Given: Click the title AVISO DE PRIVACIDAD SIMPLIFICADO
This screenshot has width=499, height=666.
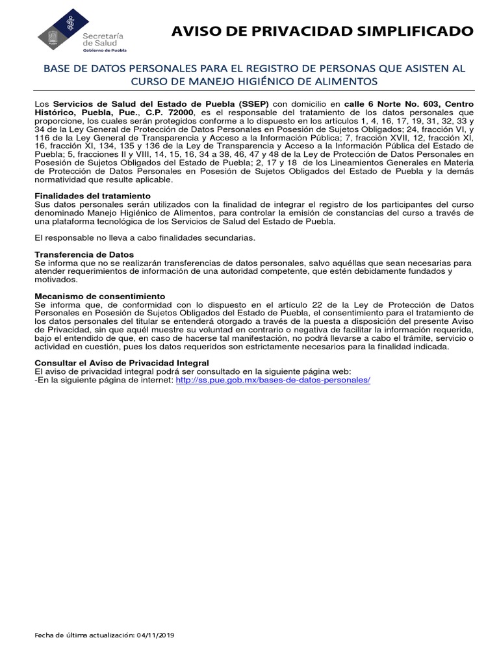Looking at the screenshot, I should (322, 31).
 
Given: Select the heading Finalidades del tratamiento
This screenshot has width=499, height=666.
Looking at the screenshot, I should (92, 196).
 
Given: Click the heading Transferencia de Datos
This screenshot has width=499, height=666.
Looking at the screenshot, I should (84, 254).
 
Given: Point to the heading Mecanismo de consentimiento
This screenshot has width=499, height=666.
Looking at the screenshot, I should (99, 296).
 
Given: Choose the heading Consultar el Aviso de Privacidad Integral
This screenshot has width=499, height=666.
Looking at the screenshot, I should (122, 362).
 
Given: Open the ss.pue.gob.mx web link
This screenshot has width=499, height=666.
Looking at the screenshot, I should (273, 379).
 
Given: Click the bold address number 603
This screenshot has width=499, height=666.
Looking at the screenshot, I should (432, 104).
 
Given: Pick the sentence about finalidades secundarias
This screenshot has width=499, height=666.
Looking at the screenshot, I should (140, 237).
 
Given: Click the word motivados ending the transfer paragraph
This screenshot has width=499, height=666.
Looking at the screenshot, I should (55, 280).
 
